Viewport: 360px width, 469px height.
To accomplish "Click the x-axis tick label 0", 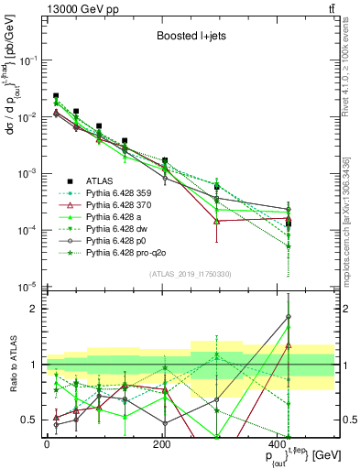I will (47, 444).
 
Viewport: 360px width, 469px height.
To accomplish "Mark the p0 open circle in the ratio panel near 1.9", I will (289, 317).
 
